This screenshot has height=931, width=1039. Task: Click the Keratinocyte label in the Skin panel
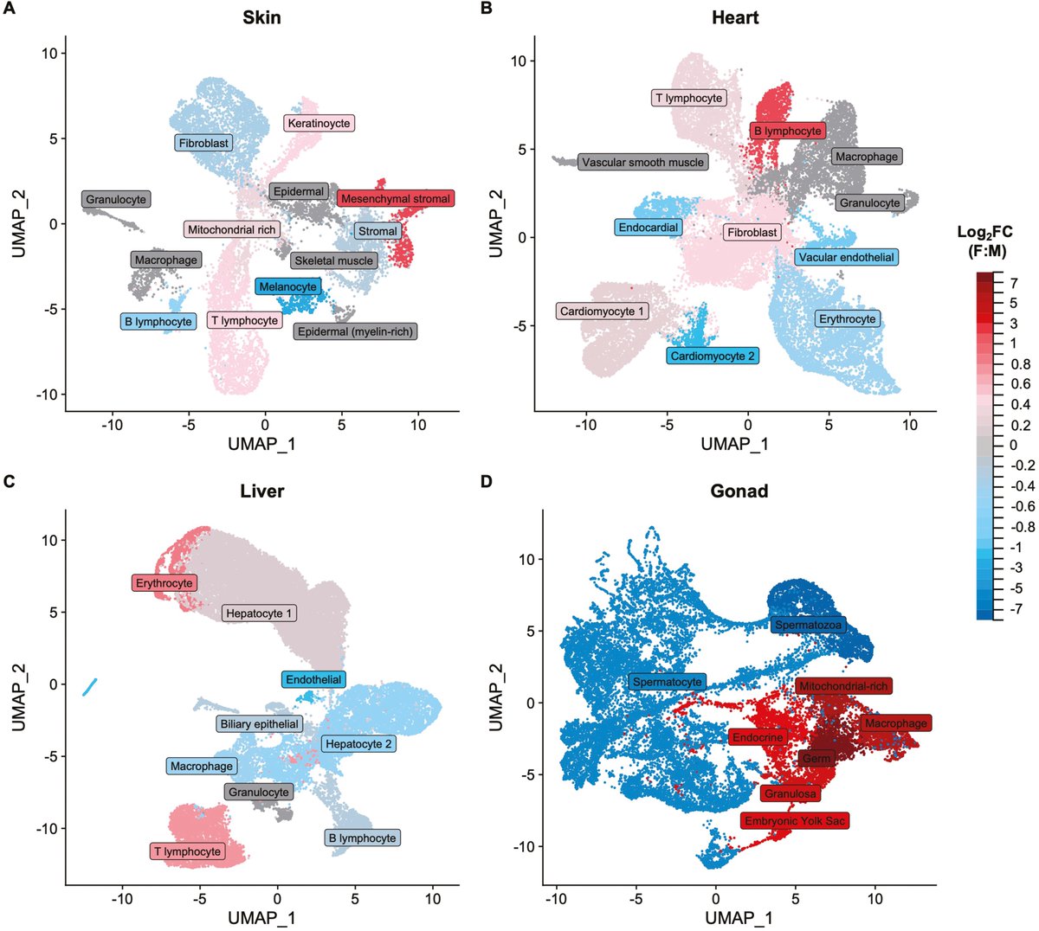click(319, 124)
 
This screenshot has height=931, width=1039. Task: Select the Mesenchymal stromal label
click(396, 199)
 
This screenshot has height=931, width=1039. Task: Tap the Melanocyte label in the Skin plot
click(288, 286)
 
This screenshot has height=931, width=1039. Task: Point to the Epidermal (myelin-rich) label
click(355, 331)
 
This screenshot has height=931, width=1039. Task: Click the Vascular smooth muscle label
click(642, 162)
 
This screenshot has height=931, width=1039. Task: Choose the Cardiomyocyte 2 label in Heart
click(713, 356)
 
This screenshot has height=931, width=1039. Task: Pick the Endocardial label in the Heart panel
click(649, 228)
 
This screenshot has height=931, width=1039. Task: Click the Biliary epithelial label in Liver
click(259, 723)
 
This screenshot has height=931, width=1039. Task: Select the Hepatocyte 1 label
click(260, 613)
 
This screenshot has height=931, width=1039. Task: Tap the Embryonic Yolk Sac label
click(794, 820)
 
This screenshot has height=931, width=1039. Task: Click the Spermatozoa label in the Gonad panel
click(808, 625)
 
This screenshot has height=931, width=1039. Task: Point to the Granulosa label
click(790, 793)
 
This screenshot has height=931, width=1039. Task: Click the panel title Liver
click(261, 491)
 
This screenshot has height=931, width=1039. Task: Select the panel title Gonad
click(739, 491)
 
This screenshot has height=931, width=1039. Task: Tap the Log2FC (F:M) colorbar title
click(984, 241)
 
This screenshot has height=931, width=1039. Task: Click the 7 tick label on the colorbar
click(1014, 283)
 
